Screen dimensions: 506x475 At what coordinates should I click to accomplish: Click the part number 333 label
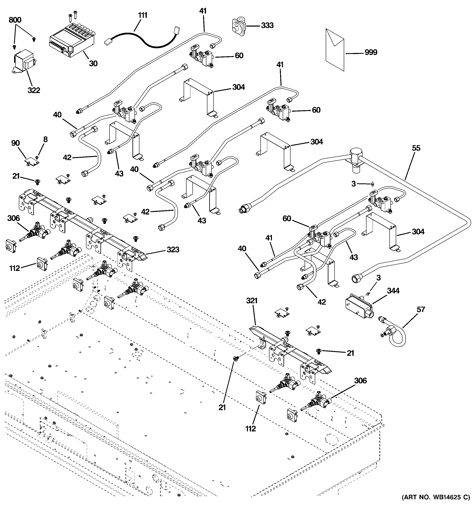[x=267, y=25]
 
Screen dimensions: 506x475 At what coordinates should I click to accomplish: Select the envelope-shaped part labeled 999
[x=335, y=50]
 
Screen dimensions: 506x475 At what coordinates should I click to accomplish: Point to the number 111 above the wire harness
[x=142, y=15]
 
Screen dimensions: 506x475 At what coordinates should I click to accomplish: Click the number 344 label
[x=393, y=291]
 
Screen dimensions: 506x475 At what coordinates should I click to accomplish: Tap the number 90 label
[x=16, y=143]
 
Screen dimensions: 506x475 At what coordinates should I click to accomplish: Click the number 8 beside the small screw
[x=45, y=139]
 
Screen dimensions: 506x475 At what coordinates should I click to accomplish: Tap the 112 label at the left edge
[x=14, y=268]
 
